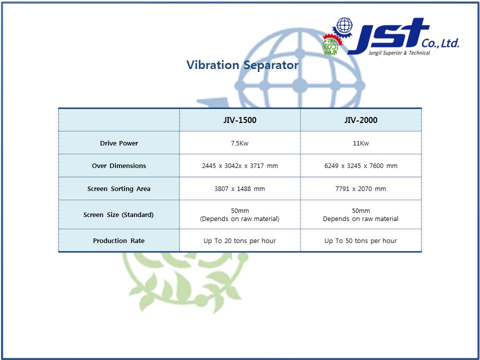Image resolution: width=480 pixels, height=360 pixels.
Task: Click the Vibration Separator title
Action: pos(242,65)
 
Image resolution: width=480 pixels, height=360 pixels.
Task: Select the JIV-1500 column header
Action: pos(239,120)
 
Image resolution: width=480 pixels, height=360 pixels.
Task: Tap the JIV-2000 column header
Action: pos(360,120)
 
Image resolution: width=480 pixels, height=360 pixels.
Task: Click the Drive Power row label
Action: pos(119,143)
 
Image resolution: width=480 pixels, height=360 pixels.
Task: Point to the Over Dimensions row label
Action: pos(119,166)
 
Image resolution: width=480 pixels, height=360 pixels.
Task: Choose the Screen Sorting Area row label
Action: pos(119,189)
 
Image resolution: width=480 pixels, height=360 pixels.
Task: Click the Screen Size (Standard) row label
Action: pos(118,215)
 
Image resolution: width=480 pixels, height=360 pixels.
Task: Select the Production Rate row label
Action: pos(119,241)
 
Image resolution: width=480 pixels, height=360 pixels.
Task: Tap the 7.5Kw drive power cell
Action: pos(239,143)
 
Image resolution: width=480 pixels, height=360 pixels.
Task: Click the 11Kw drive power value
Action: pos(360,143)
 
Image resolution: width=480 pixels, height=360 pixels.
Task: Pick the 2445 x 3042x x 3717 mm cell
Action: pos(239,166)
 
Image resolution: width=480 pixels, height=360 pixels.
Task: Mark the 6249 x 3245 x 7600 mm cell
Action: pos(360,166)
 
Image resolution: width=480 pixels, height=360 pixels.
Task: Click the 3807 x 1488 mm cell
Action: pos(239,189)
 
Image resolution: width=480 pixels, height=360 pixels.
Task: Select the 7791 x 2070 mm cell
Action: pos(360,189)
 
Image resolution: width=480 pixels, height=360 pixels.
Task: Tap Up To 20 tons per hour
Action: pos(239,241)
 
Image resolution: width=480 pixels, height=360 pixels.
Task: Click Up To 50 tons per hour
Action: pos(360,241)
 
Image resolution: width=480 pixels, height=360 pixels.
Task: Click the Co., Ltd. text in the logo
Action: pos(440,43)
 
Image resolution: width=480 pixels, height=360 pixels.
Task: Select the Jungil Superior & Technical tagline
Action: pos(399,53)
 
